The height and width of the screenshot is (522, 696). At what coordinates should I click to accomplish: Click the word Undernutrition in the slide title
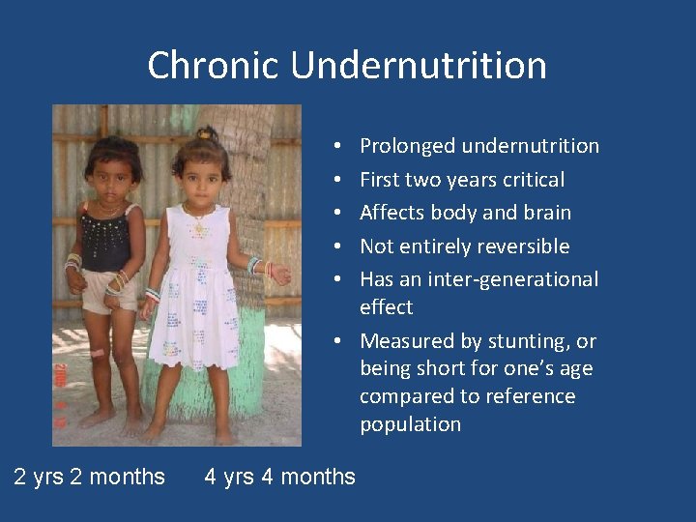pos(419,66)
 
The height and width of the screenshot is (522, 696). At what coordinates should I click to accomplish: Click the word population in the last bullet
pos(410,424)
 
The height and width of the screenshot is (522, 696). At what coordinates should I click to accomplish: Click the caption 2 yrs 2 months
pos(89,476)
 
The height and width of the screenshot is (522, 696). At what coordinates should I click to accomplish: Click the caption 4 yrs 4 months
pos(279,476)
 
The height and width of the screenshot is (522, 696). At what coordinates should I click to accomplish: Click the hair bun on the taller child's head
pos(205,133)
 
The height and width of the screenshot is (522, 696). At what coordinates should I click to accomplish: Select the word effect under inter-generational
pos(386,307)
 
